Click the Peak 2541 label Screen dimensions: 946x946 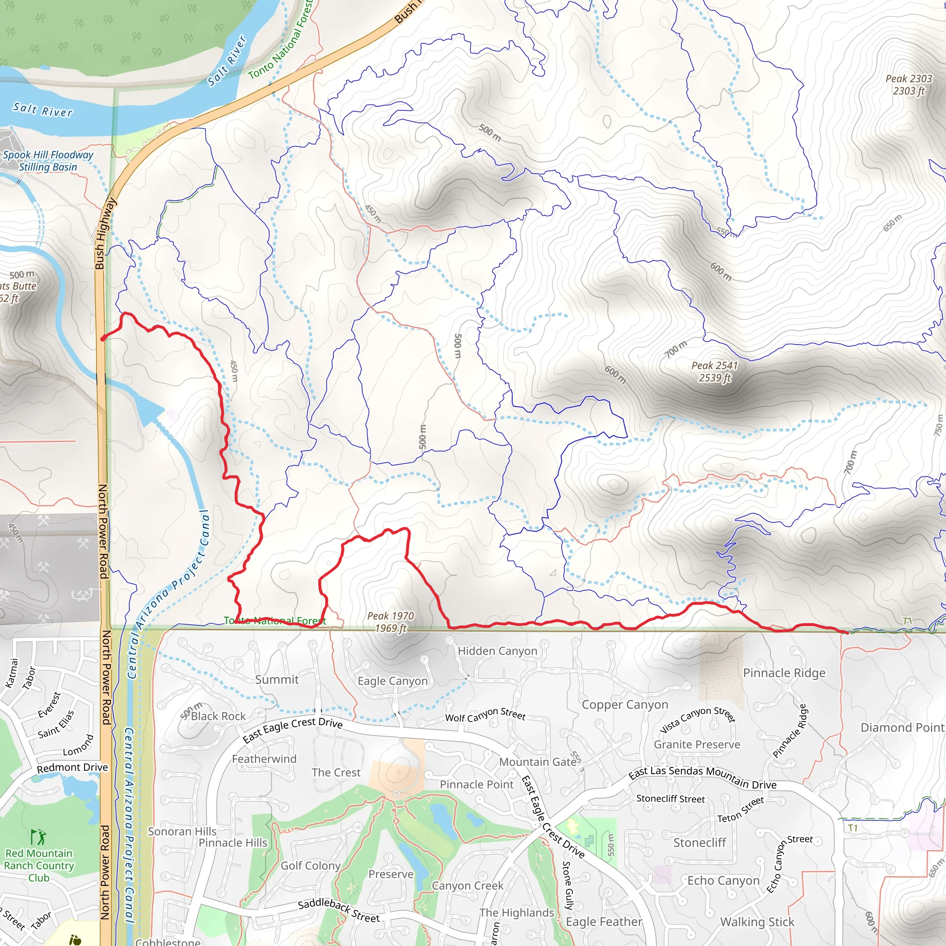(715, 372)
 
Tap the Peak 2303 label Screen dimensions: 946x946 (909, 85)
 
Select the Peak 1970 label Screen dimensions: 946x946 (391, 622)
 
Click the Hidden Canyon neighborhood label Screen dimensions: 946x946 (497, 651)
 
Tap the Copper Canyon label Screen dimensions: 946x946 (625, 704)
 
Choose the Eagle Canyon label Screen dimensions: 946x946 (393, 681)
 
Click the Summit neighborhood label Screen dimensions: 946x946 (277, 679)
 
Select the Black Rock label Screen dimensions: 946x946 (218, 716)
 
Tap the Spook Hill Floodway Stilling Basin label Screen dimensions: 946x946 (48, 161)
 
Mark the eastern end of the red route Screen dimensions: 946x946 (848, 633)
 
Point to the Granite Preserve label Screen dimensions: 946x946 (697, 744)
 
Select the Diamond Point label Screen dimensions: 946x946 (902, 728)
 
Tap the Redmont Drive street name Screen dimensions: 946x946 (73, 767)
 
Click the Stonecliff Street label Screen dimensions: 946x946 (670, 799)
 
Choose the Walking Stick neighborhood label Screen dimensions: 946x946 (757, 922)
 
